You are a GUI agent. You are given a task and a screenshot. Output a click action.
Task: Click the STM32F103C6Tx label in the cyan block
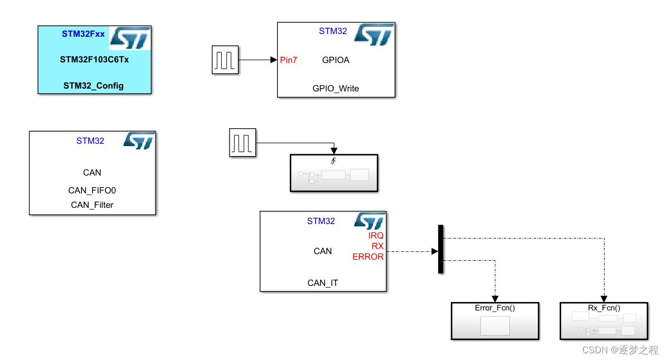click(94, 59)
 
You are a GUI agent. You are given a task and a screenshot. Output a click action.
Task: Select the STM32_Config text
click(94, 85)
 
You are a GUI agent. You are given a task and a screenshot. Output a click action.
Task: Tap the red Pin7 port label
click(289, 60)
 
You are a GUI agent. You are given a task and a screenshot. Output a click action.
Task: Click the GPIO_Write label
click(335, 88)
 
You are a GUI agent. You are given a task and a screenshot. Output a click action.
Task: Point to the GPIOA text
click(335, 60)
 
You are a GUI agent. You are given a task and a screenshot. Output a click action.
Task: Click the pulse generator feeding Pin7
click(225, 60)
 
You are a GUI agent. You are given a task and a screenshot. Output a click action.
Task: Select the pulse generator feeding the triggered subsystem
click(242, 142)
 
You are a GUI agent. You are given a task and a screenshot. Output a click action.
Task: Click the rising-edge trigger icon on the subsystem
click(333, 162)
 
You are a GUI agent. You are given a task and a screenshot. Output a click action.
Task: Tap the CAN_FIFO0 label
click(92, 191)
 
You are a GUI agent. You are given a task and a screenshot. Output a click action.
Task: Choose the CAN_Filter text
click(92, 205)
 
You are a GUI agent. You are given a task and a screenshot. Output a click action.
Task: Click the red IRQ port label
click(376, 236)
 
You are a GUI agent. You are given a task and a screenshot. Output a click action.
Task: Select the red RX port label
click(378, 246)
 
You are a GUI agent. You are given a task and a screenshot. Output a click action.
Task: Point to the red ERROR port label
click(368, 257)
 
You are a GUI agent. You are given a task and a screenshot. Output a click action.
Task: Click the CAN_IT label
click(323, 283)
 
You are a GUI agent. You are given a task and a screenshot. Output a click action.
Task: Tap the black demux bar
click(441, 249)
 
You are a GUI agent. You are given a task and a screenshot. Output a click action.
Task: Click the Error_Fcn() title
click(495, 308)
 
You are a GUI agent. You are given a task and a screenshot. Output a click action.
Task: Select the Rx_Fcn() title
click(604, 308)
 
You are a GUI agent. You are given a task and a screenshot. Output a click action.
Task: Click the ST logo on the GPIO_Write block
click(374, 34)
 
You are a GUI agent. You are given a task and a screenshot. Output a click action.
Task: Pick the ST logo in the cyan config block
click(130, 37)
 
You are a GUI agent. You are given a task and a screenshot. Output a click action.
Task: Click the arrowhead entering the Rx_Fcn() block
click(604, 299)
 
